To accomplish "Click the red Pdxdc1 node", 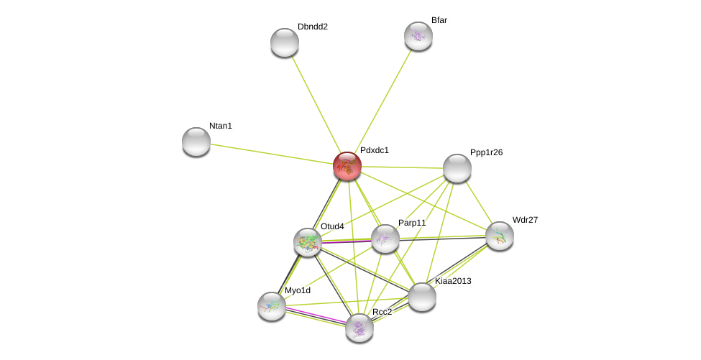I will [x=347, y=166].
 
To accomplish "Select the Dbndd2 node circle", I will [x=285, y=42].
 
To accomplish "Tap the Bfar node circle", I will [x=418, y=36].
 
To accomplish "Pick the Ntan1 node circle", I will [x=196, y=142].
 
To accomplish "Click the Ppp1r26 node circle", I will [x=457, y=168].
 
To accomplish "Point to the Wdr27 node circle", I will [x=500, y=236].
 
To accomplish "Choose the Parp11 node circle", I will [x=385, y=239].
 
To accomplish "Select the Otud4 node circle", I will [x=308, y=242].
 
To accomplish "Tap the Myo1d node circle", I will [x=272, y=306].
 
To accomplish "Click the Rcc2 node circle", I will [x=359, y=328].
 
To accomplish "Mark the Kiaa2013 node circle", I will [x=422, y=297].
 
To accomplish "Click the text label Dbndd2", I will [x=313, y=27].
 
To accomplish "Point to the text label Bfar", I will [x=439, y=20].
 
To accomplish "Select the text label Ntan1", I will [x=221, y=126].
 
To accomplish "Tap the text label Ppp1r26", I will [x=486, y=152].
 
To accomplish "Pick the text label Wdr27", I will [x=525, y=220].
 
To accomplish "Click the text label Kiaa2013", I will [x=453, y=281].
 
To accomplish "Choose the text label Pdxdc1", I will [x=374, y=150].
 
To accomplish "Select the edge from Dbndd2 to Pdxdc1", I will [x=316, y=104].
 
